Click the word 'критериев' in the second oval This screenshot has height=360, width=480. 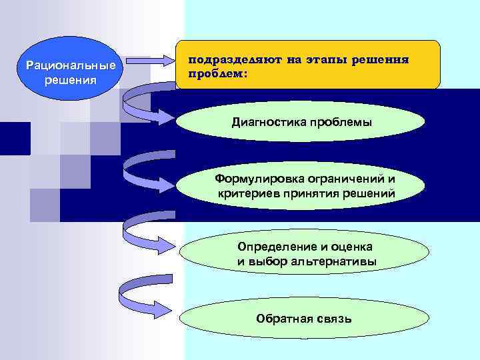[243, 193]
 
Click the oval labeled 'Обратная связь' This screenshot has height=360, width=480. [303, 319]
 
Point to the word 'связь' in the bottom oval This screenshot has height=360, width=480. [333, 319]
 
